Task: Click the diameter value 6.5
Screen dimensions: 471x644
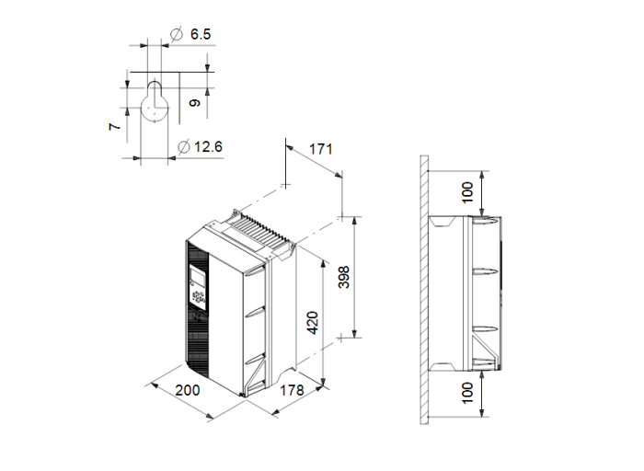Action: pos(201,34)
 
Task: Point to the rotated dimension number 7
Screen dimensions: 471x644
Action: pos(114,125)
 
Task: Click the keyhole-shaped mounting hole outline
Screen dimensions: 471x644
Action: pos(155,103)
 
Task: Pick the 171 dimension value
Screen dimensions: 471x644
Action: pos(319,148)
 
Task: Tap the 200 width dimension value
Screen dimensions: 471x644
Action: pos(188,389)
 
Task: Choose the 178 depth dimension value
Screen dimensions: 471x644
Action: pos(292,391)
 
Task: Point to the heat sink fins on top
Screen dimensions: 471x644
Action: pos(261,230)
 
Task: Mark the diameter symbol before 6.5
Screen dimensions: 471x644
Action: pos(176,34)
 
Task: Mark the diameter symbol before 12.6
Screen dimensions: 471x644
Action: pos(183,147)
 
